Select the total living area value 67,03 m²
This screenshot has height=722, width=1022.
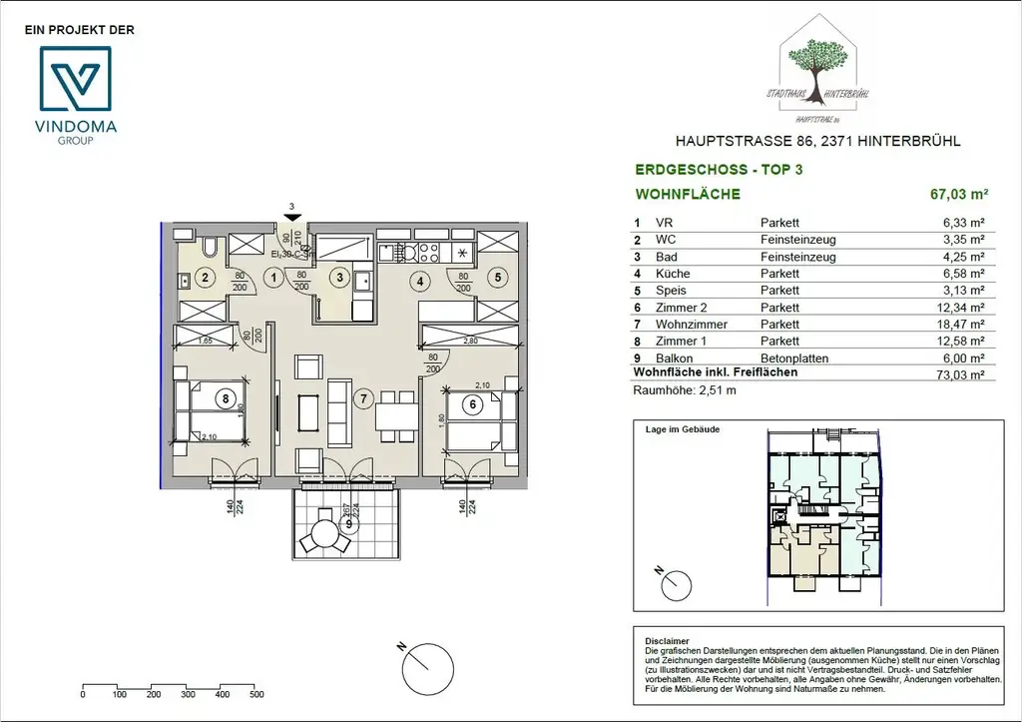[x=957, y=195]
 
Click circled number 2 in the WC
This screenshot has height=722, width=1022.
[x=204, y=279]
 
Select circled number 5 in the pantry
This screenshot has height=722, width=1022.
[x=497, y=280]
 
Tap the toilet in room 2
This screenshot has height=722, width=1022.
[x=211, y=247]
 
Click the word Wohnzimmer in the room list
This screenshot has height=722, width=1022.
[x=685, y=325]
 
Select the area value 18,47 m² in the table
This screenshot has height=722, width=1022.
[x=962, y=325]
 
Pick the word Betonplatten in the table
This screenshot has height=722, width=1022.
[x=794, y=359]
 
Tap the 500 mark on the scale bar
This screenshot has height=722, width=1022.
[x=256, y=695]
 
